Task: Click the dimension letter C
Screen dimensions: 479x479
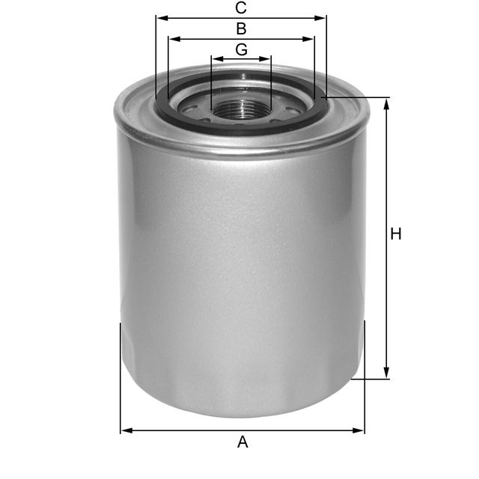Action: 241,8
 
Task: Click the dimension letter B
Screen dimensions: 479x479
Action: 241,29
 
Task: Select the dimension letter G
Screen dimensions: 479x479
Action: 241,49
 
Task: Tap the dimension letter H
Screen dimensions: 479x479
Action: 396,234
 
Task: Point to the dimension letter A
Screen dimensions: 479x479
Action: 242,442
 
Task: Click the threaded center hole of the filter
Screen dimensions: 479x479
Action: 241,109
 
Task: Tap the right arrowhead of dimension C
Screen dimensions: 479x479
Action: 322,18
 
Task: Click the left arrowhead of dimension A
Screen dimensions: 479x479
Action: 126,430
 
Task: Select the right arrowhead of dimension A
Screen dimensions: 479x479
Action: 359,430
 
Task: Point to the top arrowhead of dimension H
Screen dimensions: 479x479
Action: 387,103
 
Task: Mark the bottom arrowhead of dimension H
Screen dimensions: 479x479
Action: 387,373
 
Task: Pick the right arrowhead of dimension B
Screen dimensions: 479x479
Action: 310,39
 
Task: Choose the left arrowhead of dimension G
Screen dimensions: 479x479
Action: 216,58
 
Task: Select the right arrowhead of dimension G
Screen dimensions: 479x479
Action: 266,58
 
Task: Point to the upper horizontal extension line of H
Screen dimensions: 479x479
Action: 359,97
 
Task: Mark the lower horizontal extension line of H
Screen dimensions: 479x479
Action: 370,379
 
